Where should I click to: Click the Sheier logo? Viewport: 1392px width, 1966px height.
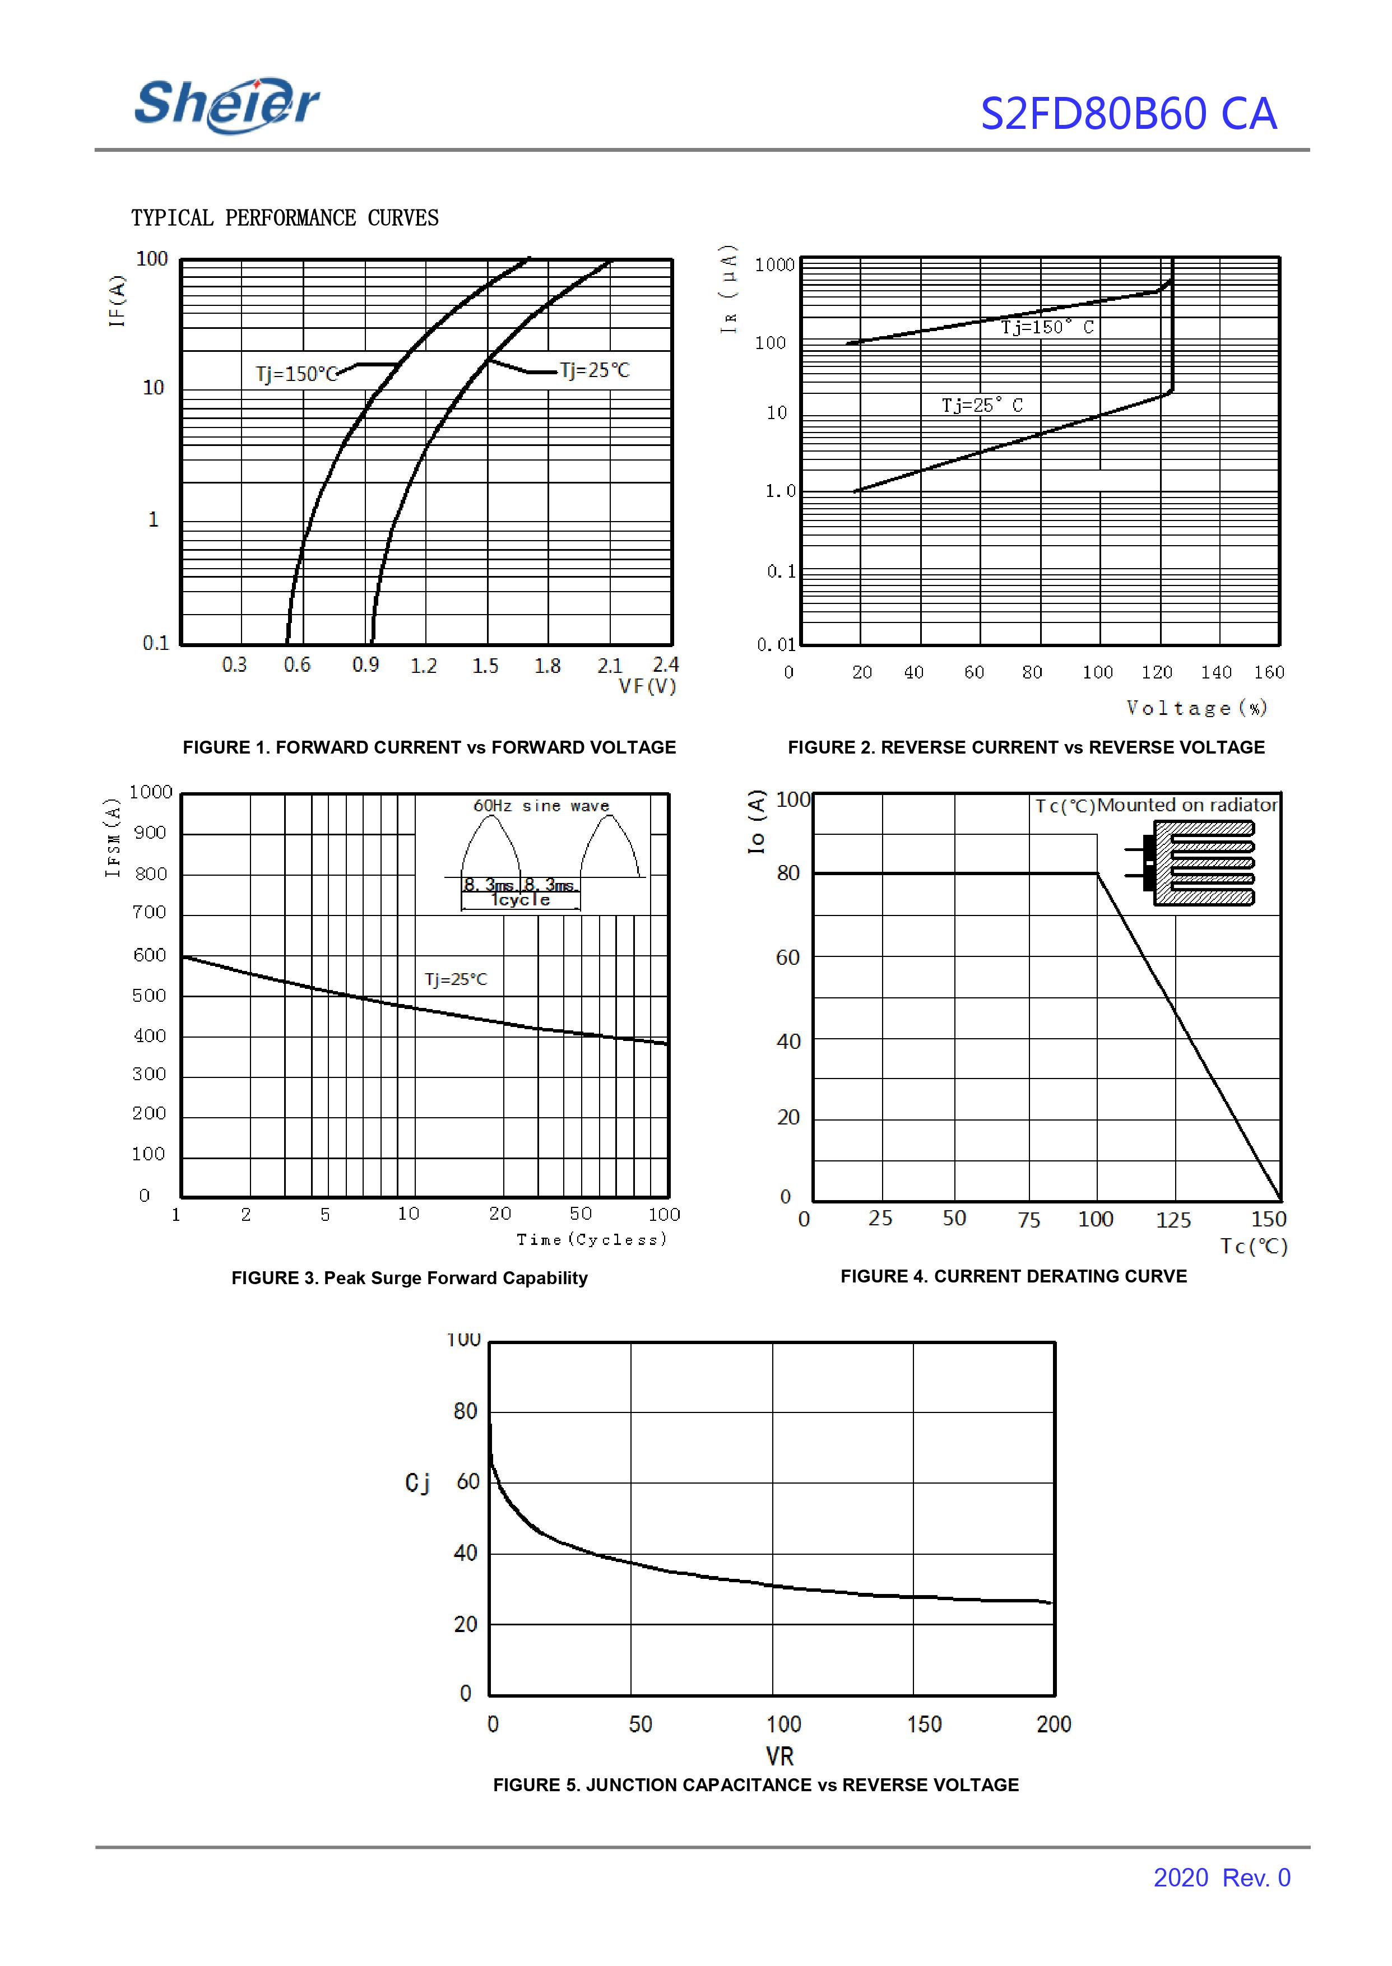click(227, 105)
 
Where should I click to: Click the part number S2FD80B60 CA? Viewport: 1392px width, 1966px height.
click(1128, 114)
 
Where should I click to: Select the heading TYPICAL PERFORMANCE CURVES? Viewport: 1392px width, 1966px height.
click(285, 219)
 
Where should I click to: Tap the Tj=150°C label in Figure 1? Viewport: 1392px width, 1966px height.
click(296, 374)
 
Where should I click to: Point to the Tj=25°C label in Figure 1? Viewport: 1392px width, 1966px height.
click(595, 370)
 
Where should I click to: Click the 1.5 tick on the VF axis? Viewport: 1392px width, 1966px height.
click(485, 666)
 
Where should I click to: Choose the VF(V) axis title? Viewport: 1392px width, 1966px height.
click(648, 686)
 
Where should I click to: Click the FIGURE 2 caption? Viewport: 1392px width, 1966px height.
click(1026, 747)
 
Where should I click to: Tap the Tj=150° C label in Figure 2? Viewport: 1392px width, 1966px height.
click(1047, 327)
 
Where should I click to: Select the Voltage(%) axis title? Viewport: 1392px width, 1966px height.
click(1196, 708)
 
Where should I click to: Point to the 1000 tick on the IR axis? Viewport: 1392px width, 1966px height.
click(775, 265)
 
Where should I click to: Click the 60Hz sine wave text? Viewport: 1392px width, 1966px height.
click(541, 806)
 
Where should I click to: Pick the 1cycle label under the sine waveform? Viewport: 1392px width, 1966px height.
click(520, 900)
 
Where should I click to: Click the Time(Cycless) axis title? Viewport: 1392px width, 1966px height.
click(591, 1239)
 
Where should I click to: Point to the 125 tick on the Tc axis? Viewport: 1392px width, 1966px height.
click(1172, 1220)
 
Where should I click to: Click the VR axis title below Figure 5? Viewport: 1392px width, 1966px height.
click(779, 1756)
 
